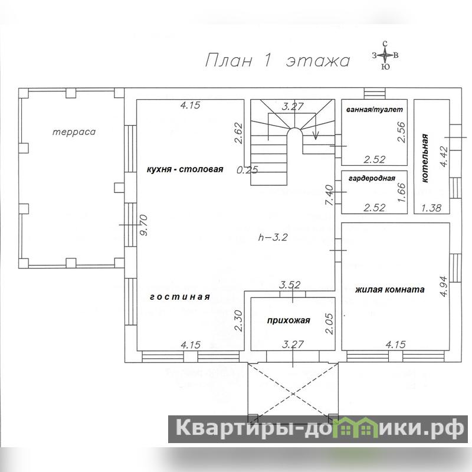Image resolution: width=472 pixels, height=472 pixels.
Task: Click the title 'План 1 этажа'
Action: tap(277, 61)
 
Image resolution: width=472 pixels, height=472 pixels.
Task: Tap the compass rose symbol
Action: tap(385, 55)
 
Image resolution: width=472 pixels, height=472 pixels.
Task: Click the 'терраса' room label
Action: tap(74, 132)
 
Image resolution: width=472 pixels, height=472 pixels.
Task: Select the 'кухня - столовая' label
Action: tap(185, 169)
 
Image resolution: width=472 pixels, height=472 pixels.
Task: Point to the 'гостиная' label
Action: tap(180, 297)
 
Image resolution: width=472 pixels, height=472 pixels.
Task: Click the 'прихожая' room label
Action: tap(289, 320)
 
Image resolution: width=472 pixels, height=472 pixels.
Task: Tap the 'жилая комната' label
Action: tap(390, 290)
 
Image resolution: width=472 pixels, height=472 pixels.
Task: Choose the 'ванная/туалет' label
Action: tap(375, 110)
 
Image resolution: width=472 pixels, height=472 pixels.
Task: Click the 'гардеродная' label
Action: tap(372, 178)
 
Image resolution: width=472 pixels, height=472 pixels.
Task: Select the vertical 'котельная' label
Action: tap(424, 158)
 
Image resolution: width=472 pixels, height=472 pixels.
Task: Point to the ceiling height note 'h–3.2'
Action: tap(273, 237)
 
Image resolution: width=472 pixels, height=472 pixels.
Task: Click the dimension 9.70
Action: tap(144, 225)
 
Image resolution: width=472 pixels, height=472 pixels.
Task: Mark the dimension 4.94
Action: tap(444, 286)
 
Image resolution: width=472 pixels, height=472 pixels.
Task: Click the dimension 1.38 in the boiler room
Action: tap(431, 208)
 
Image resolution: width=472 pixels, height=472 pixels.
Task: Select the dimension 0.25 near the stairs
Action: tap(247, 170)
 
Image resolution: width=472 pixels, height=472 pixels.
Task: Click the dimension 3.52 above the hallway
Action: tap(290, 284)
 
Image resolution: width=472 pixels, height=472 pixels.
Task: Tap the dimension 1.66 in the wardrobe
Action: tap(402, 193)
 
